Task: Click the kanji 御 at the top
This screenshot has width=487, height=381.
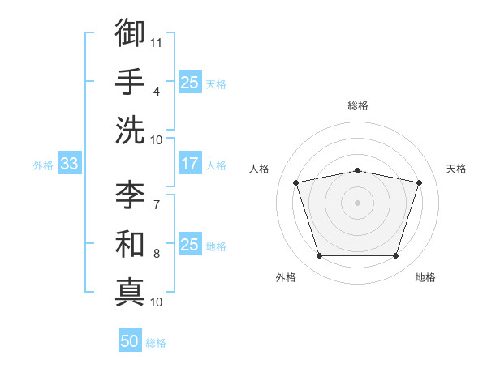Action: (x=130, y=32)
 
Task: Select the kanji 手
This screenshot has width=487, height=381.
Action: (x=130, y=81)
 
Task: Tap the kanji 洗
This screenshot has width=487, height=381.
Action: (x=130, y=131)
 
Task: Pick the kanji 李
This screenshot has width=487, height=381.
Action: (x=130, y=195)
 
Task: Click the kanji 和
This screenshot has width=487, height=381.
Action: (x=130, y=244)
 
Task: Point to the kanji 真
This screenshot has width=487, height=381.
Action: (x=130, y=293)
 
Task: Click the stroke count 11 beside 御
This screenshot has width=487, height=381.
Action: (x=156, y=43)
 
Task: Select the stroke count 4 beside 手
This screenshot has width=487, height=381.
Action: (x=157, y=92)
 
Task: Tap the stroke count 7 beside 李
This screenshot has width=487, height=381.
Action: (x=157, y=205)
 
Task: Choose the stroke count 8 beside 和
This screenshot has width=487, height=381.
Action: (x=157, y=254)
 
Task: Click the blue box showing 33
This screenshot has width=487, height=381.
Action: (x=70, y=163)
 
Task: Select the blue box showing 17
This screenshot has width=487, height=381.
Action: (x=190, y=163)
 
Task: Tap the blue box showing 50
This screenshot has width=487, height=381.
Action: (x=130, y=340)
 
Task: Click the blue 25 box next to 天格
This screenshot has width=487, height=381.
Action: (x=190, y=82)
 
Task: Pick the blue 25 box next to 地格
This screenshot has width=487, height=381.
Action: (x=190, y=243)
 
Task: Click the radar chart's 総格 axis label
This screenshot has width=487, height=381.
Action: (x=358, y=105)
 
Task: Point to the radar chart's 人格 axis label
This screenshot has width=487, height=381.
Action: (x=259, y=169)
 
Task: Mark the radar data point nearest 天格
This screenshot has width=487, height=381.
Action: (x=419, y=182)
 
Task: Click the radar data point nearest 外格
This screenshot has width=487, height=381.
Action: (x=320, y=255)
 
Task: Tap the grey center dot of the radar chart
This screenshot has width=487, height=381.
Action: (x=357, y=203)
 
